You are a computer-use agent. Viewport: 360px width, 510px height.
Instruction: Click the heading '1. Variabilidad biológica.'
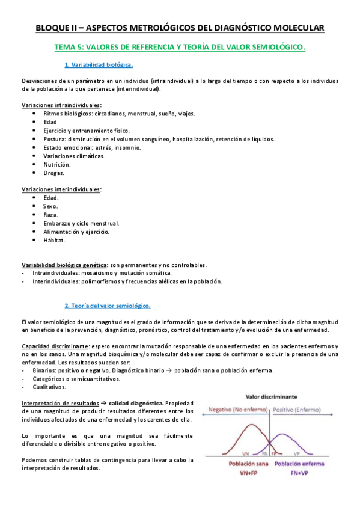click(x=98, y=64)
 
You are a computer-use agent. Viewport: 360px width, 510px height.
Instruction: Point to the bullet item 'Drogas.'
click(x=53, y=173)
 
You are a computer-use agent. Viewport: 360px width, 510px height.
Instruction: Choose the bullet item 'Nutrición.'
click(x=56, y=164)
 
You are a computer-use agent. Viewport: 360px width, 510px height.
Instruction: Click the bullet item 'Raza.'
click(x=50, y=215)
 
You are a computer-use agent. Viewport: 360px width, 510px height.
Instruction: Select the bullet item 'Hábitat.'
click(x=54, y=240)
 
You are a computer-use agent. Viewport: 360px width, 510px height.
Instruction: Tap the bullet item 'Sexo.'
click(x=50, y=206)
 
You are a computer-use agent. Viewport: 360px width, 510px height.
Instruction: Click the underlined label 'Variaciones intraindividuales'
click(x=61, y=105)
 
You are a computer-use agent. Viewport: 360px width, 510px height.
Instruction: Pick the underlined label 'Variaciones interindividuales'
click(x=61, y=189)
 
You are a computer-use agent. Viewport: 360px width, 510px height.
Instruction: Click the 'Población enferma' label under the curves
click(x=304, y=464)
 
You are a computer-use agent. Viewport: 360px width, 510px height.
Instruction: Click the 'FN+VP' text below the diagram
click(x=304, y=473)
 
